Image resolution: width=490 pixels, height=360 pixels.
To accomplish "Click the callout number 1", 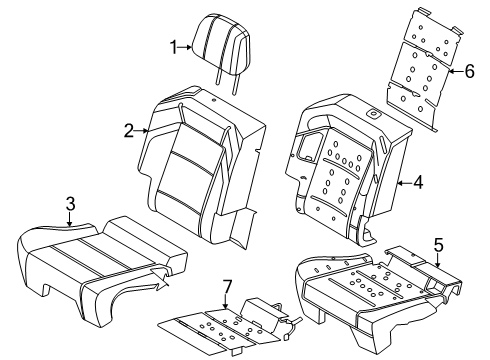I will pyautogui.click(x=172, y=46).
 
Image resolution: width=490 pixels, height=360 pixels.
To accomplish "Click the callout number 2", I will pyautogui.click(x=128, y=129).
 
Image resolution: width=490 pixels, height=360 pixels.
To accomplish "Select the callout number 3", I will pyautogui.click(x=69, y=204).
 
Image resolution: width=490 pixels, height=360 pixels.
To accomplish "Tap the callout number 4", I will pyautogui.click(x=419, y=182).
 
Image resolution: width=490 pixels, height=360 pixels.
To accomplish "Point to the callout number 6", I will pyautogui.click(x=471, y=70).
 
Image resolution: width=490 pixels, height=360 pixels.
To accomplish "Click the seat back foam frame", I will pyautogui.click(x=345, y=160).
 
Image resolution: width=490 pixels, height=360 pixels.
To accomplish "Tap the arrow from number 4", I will pyautogui.click(x=403, y=182).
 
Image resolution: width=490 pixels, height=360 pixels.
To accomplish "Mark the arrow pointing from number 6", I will pyautogui.click(x=455, y=70).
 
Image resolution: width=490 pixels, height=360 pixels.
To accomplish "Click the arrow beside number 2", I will pyautogui.click(x=143, y=129).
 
